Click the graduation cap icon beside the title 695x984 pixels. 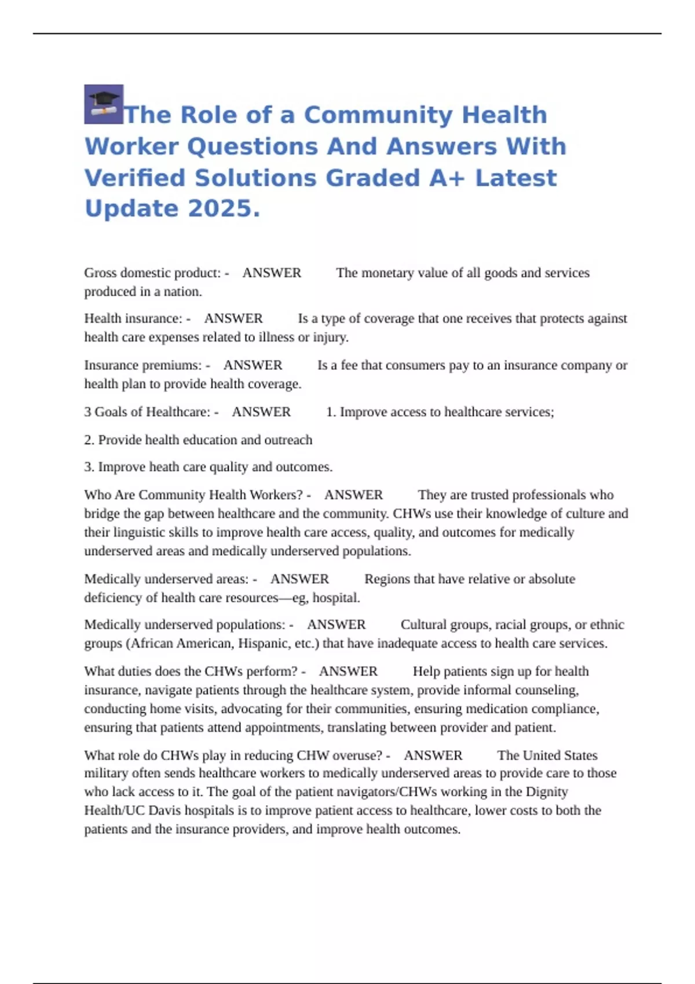(104, 104)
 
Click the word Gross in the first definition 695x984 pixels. (100, 273)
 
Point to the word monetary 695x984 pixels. (387, 273)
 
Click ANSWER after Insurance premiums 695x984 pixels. (253, 365)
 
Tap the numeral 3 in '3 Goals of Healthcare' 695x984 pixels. (87, 412)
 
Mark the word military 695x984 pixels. (106, 773)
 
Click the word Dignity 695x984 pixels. (547, 792)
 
